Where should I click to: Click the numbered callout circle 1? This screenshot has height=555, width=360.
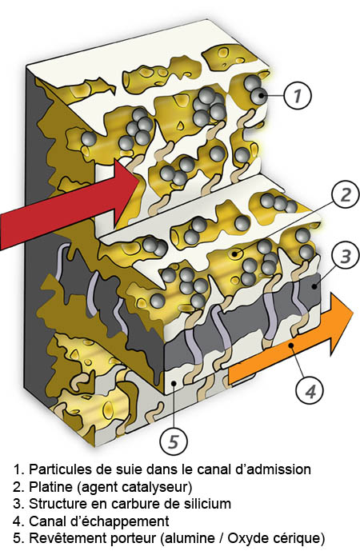click(298, 96)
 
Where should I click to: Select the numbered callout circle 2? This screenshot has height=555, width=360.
click(345, 194)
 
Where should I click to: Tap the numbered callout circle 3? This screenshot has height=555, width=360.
click(345, 256)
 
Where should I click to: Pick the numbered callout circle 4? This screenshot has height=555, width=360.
click(310, 391)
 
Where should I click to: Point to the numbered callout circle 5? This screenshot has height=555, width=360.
click(173, 441)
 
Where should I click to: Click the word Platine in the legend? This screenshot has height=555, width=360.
click(50, 487)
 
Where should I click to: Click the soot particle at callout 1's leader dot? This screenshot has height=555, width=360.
click(260, 96)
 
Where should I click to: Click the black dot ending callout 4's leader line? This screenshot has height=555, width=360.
click(290, 345)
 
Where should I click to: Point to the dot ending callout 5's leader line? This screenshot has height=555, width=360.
click(173, 383)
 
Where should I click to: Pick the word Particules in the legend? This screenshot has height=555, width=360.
click(58, 469)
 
